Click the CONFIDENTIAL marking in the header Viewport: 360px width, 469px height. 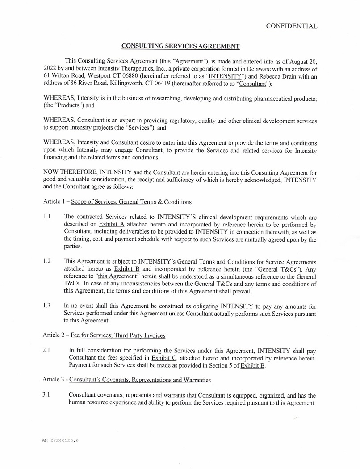[292, 26]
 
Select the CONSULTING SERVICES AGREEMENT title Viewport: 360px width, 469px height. [180, 46]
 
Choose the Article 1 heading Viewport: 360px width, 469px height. [117, 201]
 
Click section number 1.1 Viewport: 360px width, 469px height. [47, 216]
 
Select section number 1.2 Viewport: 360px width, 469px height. [47, 261]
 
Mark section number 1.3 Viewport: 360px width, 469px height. [47, 306]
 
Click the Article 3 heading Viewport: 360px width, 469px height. [126, 380]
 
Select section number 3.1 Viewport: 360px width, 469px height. [47, 395]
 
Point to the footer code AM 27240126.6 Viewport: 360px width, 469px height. [61, 440]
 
